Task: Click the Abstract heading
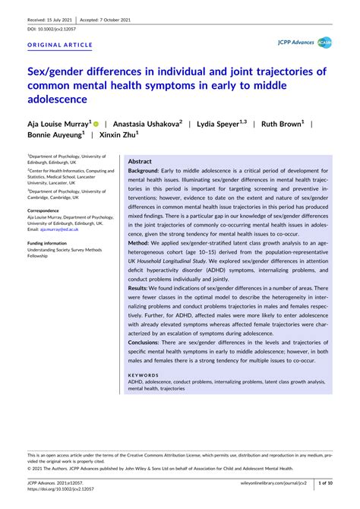140,162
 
